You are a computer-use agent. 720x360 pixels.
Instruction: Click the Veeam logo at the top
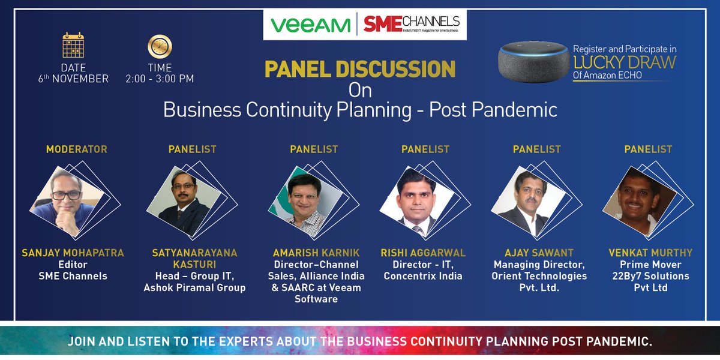310,25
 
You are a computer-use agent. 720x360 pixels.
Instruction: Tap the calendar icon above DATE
73,45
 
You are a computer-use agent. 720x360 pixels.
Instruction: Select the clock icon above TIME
160,46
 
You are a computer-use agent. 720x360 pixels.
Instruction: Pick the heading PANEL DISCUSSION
360,69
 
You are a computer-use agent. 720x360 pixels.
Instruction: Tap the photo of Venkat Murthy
638,203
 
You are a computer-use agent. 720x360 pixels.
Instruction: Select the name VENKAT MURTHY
649,253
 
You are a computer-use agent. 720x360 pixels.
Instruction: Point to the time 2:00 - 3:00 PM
160,79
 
